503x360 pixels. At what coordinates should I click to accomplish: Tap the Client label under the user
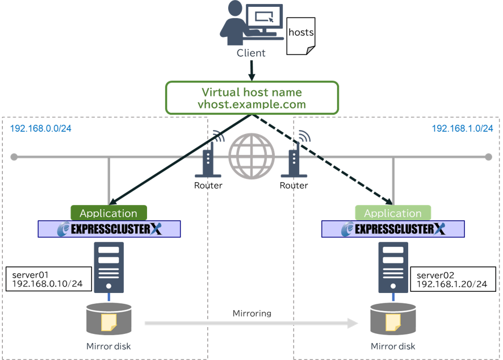(x=251, y=53)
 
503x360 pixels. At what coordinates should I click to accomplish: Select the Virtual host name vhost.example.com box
(x=252, y=98)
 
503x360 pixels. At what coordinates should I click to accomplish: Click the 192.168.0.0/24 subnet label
(x=41, y=129)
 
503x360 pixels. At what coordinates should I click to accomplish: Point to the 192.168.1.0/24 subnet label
(x=462, y=129)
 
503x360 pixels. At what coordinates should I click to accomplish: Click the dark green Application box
(x=108, y=213)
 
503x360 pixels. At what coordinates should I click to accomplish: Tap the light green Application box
(x=393, y=213)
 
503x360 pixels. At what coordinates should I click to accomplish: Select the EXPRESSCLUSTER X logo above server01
(x=109, y=229)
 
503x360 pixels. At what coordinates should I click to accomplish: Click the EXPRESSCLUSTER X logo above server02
(x=393, y=229)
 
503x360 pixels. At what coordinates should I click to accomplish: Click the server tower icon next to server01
(x=108, y=267)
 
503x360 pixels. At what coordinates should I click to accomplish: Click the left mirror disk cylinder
(x=108, y=320)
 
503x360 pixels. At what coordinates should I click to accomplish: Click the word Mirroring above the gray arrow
(x=251, y=313)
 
